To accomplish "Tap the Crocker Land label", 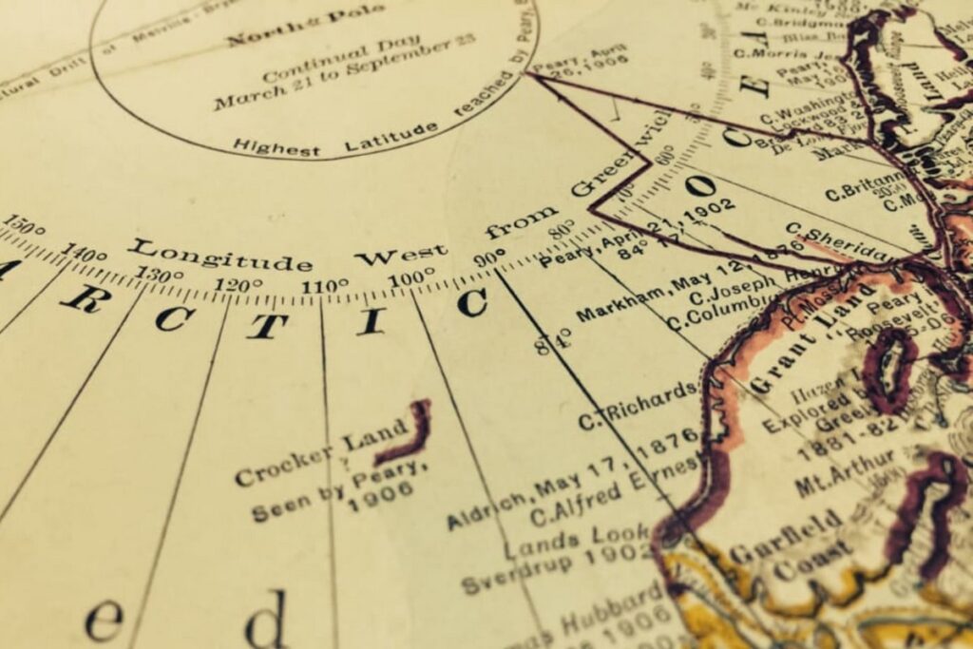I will [x=308, y=457].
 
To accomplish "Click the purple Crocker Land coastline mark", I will [x=408, y=433].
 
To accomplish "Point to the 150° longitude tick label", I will [x=23, y=229].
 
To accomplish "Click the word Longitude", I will [x=220, y=255].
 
